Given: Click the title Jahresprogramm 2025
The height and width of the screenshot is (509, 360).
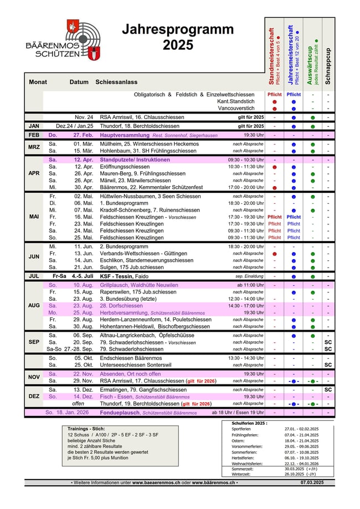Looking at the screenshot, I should [178, 37].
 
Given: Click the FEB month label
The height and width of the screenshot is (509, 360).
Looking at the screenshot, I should [34, 135].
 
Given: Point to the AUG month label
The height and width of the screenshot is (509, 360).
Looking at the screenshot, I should [34, 306].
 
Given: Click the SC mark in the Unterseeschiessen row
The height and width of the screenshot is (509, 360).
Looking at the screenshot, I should [328, 365].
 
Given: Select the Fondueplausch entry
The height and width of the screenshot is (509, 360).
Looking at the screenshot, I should [138, 413].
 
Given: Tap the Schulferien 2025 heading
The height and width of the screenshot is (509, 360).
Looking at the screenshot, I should [249, 423].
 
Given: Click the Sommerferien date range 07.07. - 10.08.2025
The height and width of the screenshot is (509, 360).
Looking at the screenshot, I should [302, 452].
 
